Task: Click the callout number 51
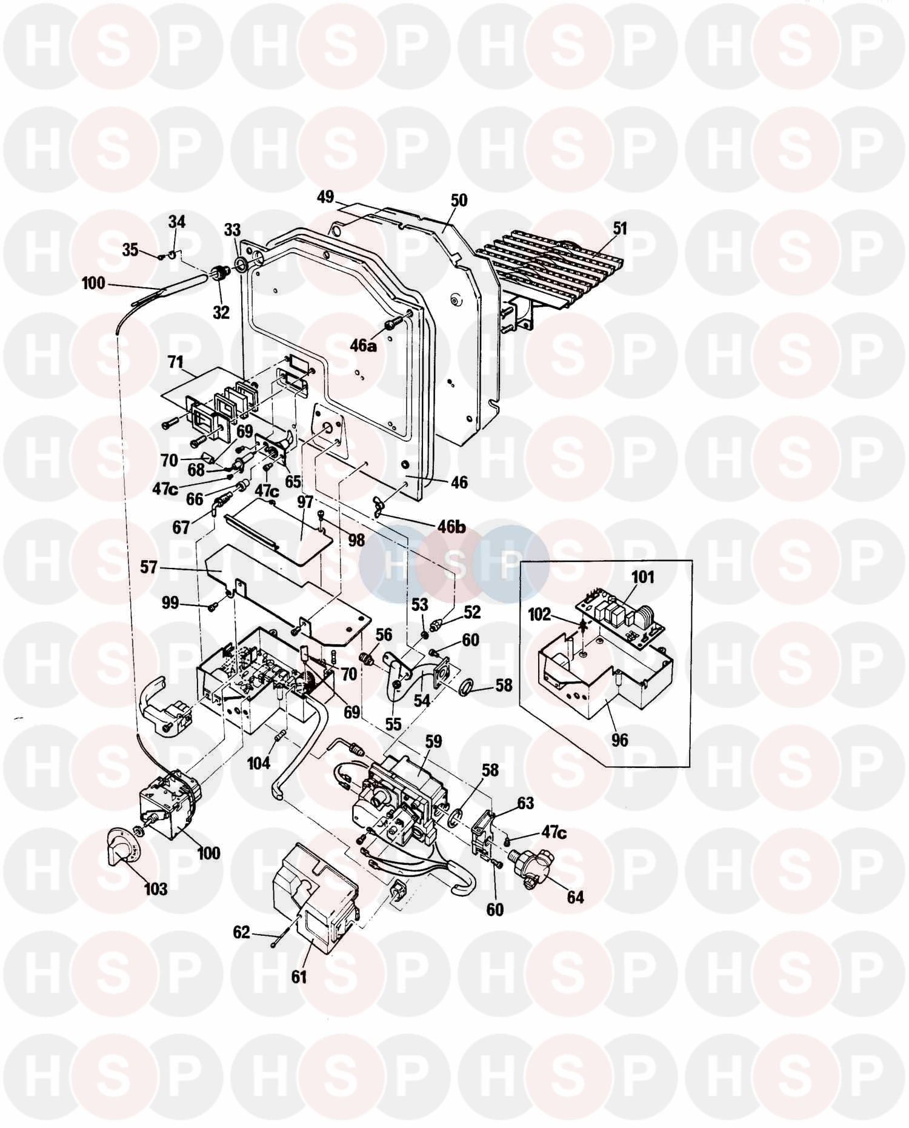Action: (x=619, y=229)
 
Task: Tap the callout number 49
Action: (x=325, y=196)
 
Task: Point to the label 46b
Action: (x=451, y=526)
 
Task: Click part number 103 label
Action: (x=155, y=889)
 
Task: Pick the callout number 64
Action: (x=574, y=896)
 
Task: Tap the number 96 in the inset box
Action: (x=619, y=739)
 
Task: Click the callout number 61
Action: (x=299, y=976)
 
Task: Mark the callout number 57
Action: (x=148, y=567)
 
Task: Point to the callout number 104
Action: (x=258, y=762)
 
